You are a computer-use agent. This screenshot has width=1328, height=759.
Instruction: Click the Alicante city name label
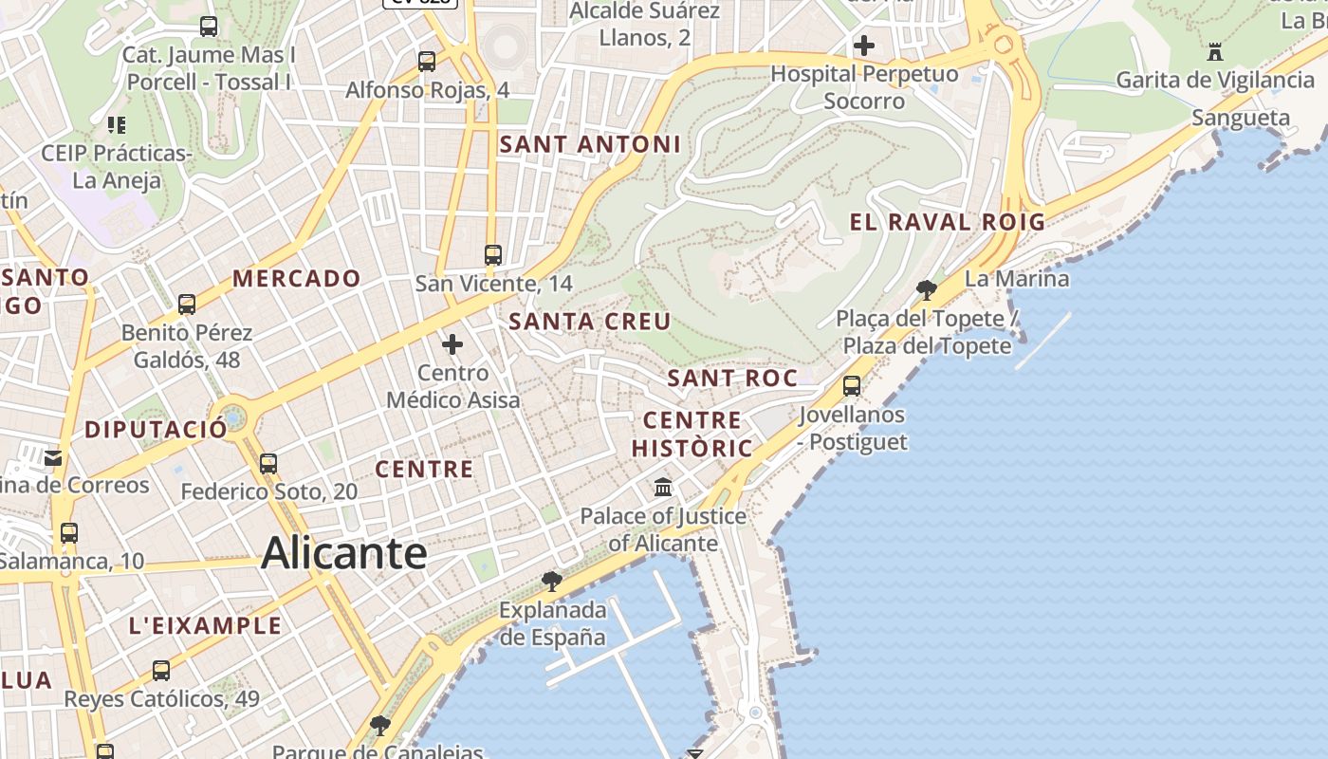343,552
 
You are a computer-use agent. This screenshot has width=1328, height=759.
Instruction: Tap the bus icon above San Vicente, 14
493,254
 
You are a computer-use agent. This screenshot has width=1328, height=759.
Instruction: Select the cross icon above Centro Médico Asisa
452,343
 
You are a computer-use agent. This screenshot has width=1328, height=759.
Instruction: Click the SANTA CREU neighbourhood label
589,322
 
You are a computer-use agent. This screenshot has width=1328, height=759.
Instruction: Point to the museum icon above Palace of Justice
663,488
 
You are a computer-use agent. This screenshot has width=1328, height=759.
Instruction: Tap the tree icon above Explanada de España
551,581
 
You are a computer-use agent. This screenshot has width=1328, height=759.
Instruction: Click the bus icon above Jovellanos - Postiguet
852,385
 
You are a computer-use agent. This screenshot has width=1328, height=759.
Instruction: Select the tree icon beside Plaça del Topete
927,289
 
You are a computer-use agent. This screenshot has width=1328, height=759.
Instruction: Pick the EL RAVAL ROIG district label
947,223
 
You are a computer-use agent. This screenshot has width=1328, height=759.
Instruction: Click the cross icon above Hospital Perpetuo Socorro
863,45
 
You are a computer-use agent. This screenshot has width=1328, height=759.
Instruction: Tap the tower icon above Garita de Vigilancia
1215,51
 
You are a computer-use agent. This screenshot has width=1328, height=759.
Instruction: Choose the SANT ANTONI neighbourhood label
589,145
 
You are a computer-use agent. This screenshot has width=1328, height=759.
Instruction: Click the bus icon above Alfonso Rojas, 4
427,62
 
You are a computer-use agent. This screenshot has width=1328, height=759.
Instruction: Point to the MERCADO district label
297,279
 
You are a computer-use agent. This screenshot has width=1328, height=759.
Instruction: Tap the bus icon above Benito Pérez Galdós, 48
187,305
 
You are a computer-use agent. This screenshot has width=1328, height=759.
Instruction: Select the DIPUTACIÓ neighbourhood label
157,430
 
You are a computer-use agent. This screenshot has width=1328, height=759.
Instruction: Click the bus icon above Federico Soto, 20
268,464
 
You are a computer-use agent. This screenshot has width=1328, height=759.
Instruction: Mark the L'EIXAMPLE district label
205,626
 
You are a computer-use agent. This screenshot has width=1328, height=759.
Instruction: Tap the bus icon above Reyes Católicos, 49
161,671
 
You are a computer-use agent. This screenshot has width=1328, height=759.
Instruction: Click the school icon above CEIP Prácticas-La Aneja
117,124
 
